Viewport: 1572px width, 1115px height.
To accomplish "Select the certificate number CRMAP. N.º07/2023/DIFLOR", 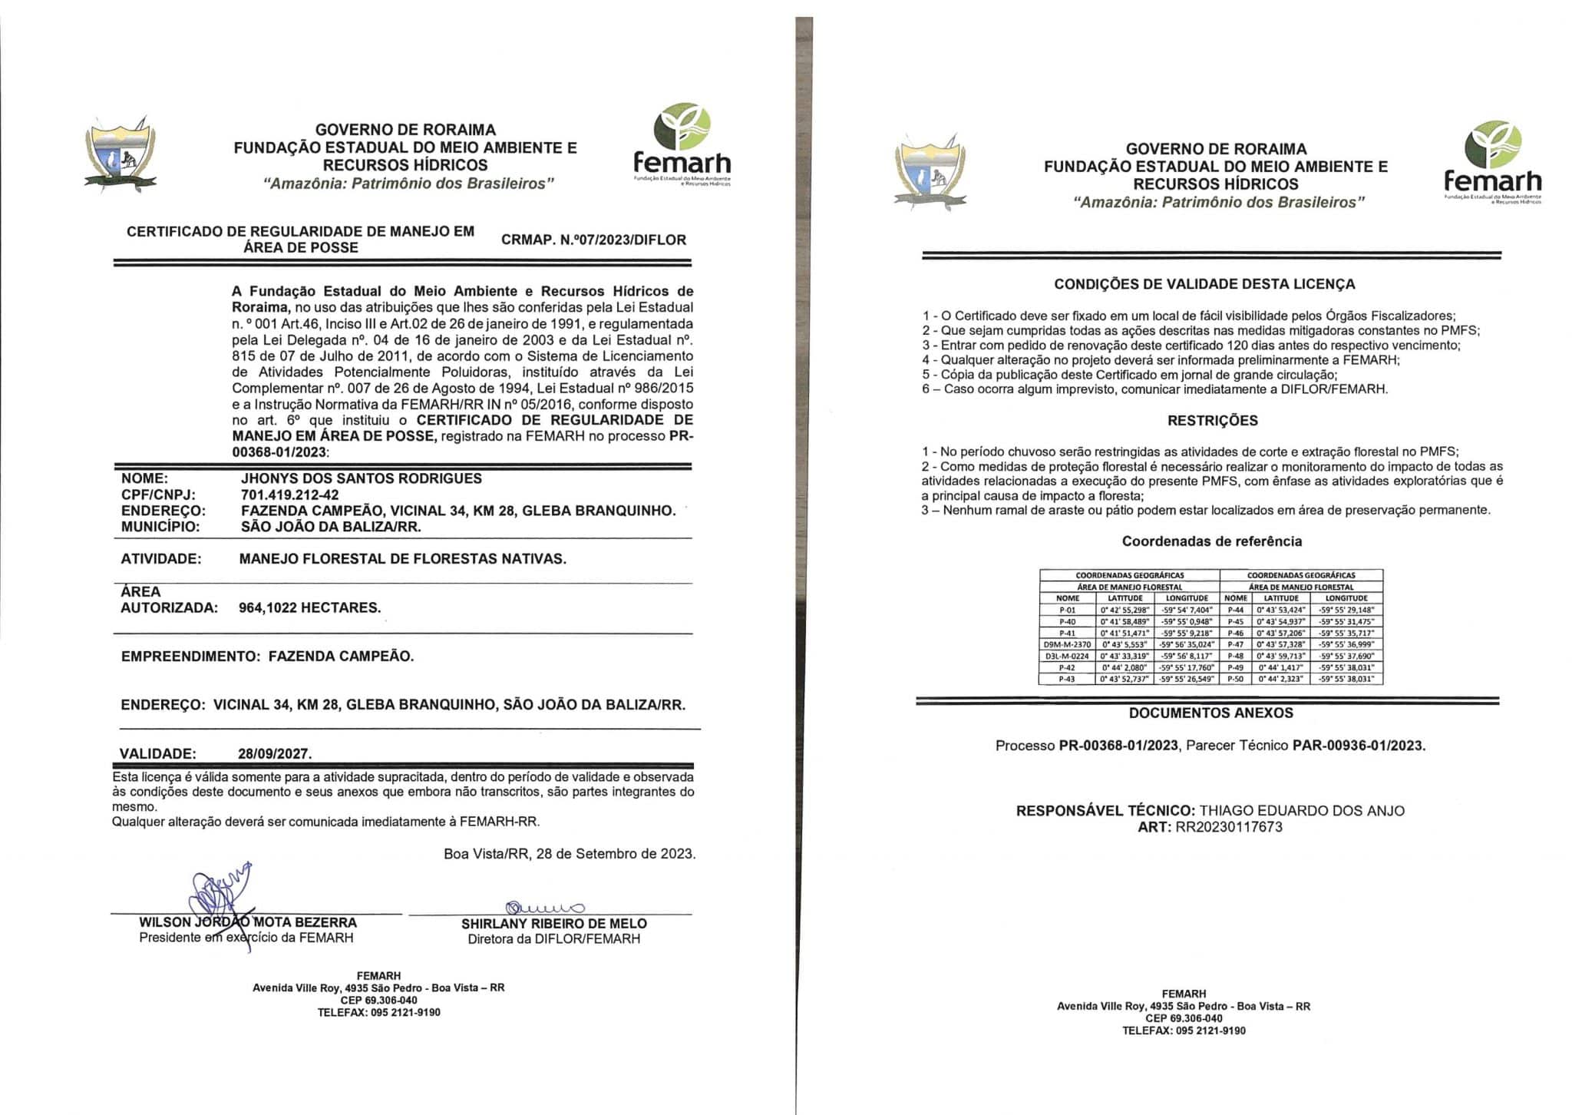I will point(593,240).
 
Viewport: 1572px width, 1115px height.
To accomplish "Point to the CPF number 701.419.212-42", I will point(289,495).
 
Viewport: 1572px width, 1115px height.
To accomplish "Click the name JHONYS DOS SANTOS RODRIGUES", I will point(361,478).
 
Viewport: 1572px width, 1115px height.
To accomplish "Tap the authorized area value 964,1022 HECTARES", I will point(309,607).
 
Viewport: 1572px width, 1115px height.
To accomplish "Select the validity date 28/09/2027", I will point(275,753).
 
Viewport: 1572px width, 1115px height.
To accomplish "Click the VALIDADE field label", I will point(157,753).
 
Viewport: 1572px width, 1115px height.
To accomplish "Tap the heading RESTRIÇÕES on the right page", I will point(1212,421).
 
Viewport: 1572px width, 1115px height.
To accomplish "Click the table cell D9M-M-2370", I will point(1067,645).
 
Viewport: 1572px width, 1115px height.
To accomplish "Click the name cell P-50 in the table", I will point(1235,680).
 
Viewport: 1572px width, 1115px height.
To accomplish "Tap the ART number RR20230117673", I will point(1229,827).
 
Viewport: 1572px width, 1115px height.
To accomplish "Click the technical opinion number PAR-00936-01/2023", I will point(1358,745).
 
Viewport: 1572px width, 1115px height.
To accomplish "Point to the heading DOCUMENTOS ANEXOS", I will point(1210,713).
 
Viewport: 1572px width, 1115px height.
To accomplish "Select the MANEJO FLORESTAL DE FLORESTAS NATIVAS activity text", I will point(402,559).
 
